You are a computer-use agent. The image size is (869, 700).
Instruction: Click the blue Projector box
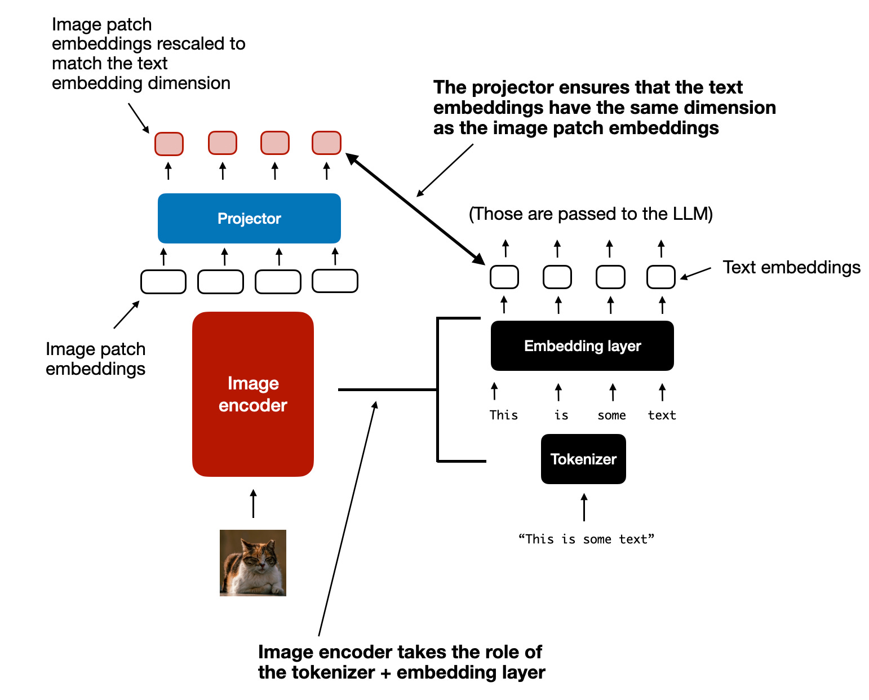(x=249, y=219)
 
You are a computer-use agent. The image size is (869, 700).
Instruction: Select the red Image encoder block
(x=253, y=394)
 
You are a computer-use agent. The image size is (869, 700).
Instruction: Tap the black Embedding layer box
(x=582, y=345)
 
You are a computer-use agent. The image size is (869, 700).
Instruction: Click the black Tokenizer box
(x=583, y=459)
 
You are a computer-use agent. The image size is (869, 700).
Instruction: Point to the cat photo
(x=253, y=562)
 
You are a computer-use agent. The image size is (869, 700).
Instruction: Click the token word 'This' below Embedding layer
(x=503, y=415)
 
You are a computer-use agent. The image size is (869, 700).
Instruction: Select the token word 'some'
(x=611, y=415)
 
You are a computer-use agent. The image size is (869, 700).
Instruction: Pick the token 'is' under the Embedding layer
(x=561, y=415)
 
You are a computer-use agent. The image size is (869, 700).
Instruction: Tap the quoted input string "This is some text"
(x=586, y=539)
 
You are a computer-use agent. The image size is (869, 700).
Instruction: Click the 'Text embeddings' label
(x=791, y=267)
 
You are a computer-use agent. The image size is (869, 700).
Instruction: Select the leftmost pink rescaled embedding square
(x=169, y=144)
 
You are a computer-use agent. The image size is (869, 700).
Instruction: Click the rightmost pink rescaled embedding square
(x=326, y=143)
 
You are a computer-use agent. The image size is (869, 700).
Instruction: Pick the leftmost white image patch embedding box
(x=163, y=282)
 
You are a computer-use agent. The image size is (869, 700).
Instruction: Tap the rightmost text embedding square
(x=660, y=277)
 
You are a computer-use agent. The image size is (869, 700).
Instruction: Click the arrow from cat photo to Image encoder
(x=253, y=503)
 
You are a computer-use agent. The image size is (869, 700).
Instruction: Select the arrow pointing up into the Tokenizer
(x=584, y=507)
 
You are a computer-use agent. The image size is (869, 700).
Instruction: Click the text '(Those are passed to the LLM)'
(x=591, y=214)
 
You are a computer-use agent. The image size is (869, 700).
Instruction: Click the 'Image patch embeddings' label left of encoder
(x=95, y=358)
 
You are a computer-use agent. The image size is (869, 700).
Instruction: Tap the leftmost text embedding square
(x=504, y=277)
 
